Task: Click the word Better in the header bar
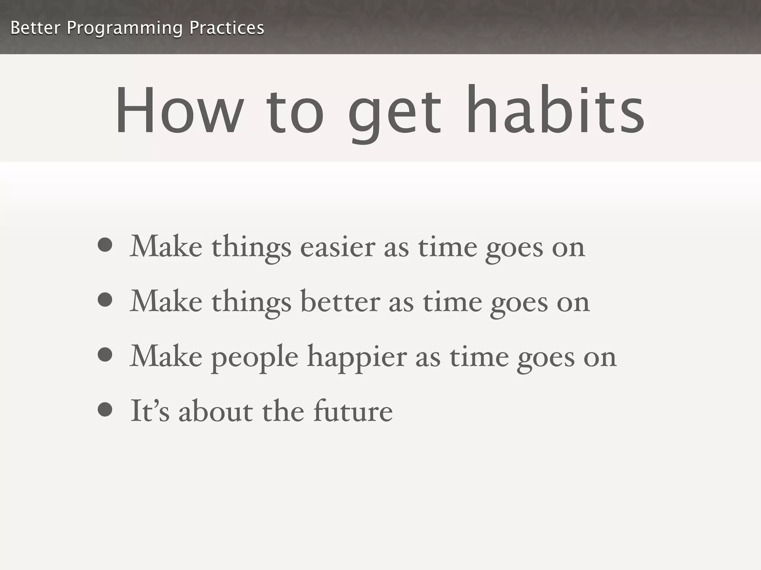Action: pos(35,28)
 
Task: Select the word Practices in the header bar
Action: pos(227,28)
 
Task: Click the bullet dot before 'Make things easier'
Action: pos(105,245)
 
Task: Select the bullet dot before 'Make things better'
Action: pos(105,300)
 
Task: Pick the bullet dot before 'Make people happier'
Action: pos(105,354)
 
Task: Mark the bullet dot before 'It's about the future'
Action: pos(105,410)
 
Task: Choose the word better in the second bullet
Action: pos(340,301)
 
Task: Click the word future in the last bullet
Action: pos(353,411)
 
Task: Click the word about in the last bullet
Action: pos(216,411)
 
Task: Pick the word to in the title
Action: pos(295,111)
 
